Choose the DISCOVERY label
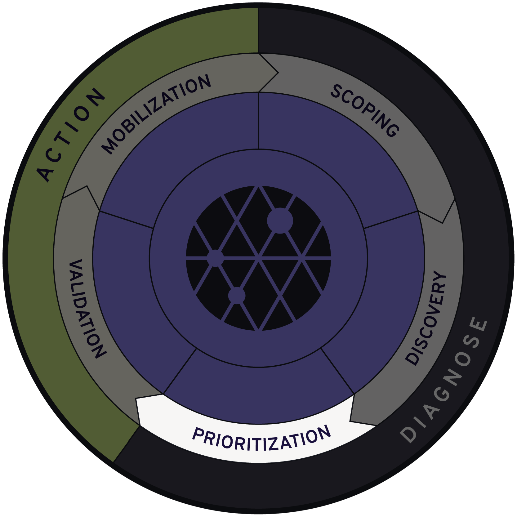point(427,318)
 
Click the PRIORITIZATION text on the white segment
point(261,438)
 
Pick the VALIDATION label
point(85,309)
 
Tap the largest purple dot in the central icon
point(280,221)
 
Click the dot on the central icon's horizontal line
point(215,258)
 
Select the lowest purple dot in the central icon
point(237,295)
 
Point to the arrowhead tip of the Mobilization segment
point(278,73)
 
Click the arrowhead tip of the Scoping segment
point(443,222)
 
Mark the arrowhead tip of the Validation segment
point(87,186)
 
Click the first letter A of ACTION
point(45,174)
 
